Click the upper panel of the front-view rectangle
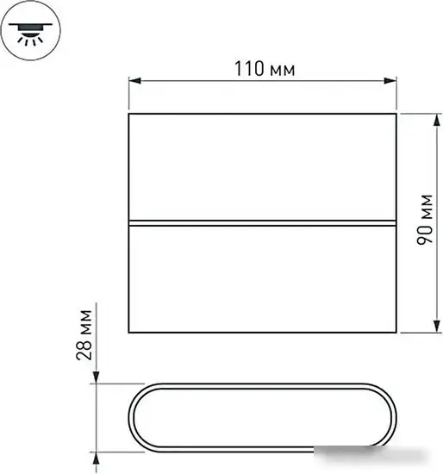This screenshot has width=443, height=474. point(262,167)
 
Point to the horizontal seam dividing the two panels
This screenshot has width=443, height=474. point(262,222)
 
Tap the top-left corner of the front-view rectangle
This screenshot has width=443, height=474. point(129,113)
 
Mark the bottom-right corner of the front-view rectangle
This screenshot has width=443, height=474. point(396,332)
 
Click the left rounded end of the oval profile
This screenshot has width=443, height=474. point(134,416)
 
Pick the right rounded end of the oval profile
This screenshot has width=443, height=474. point(390,416)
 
